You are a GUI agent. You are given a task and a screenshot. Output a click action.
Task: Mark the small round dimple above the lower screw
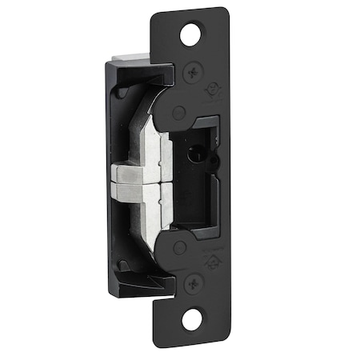point(180,247)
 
